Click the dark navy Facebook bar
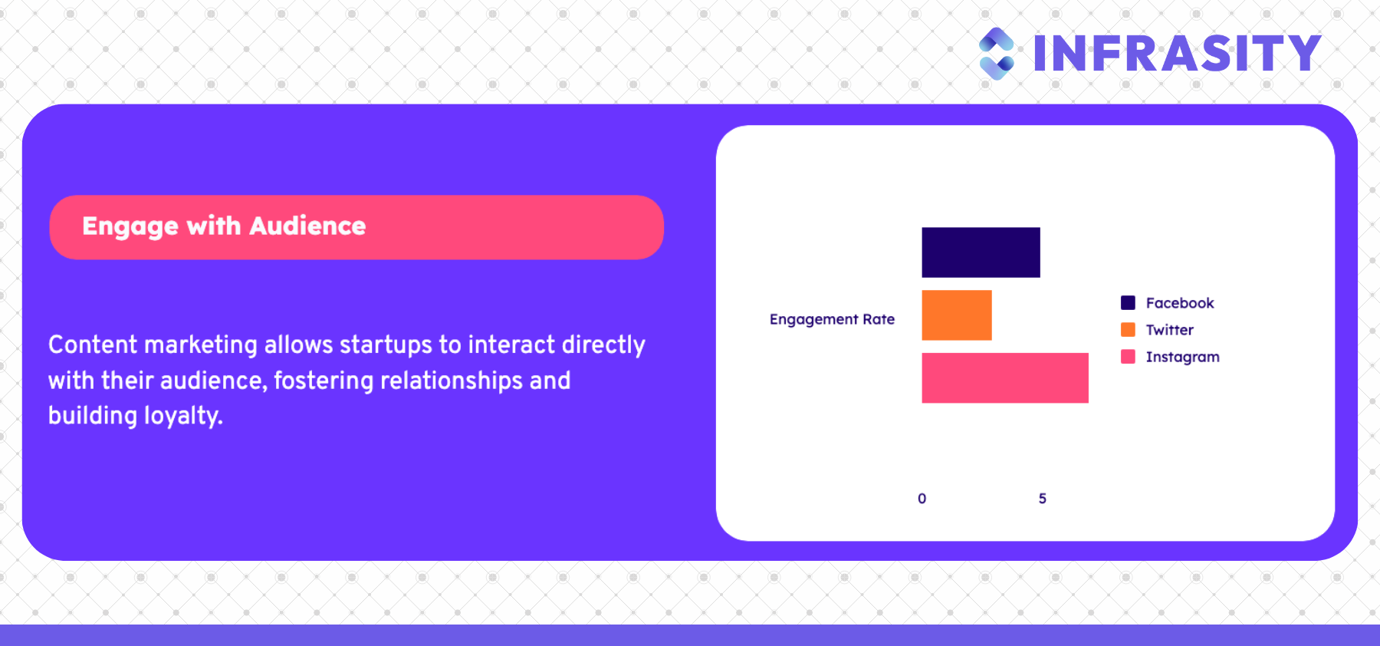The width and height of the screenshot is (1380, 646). click(981, 252)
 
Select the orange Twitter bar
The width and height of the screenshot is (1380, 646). click(957, 315)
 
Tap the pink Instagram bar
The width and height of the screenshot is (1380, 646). click(1005, 378)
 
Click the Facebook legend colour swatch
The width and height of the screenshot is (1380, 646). click(1128, 302)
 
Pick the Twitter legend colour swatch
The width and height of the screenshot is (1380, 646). click(1128, 330)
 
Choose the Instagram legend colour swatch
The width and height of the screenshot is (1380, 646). click(1128, 357)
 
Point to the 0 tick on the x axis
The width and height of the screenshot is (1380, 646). click(922, 499)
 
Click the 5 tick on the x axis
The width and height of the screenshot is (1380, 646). click(1043, 499)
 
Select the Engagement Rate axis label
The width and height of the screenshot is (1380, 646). click(832, 320)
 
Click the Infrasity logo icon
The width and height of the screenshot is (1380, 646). click(997, 54)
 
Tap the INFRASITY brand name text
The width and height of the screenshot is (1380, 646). click(1178, 54)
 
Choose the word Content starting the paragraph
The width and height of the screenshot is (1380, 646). click(93, 344)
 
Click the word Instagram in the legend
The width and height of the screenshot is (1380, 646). click(1183, 358)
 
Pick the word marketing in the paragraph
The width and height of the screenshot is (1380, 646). click(201, 345)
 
